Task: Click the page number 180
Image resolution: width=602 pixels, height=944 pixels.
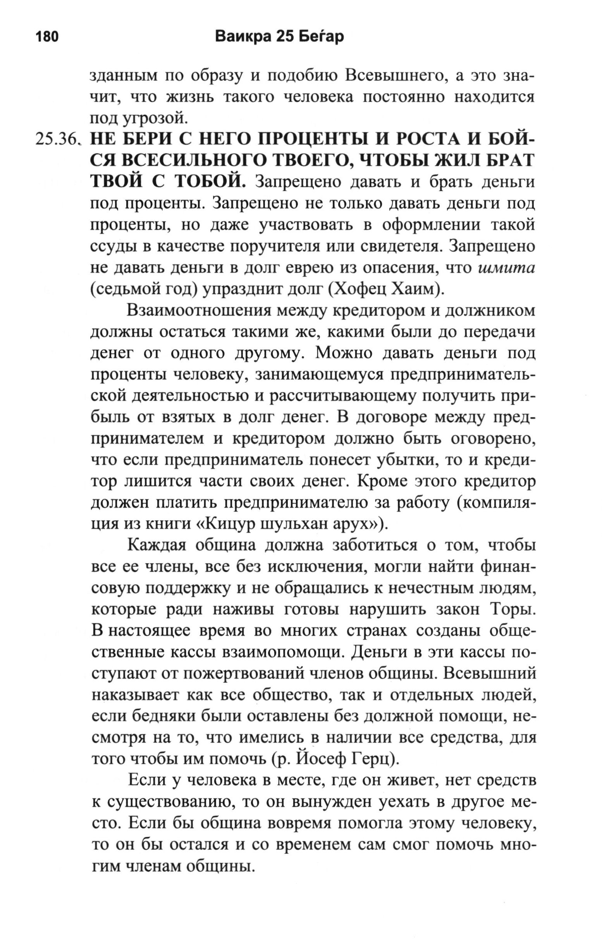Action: coord(47,36)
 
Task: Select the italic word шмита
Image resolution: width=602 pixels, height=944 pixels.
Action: coord(506,268)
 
